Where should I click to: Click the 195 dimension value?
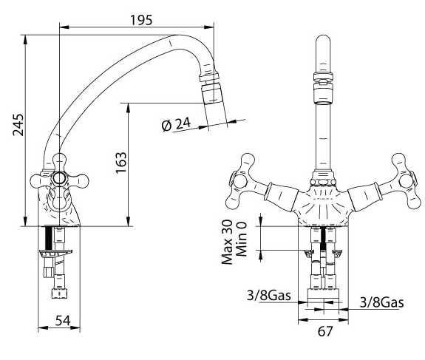[141, 20]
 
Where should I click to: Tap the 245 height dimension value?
[19, 125]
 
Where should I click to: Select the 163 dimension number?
[121, 163]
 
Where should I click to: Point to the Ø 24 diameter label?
[176, 124]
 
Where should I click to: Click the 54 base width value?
[63, 320]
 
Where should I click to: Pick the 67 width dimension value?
[324, 331]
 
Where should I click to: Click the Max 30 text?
[227, 242]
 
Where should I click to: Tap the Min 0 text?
[241, 239]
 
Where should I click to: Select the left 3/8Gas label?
[268, 295]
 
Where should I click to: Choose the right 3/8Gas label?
[381, 302]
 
